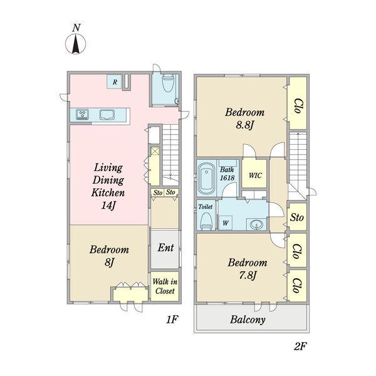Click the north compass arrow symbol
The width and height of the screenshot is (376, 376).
76,44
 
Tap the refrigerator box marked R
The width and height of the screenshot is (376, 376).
115,81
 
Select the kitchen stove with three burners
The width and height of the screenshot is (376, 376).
82,115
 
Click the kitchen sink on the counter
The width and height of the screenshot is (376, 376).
107,115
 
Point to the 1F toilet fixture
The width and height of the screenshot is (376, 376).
168,83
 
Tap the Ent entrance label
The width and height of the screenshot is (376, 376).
165,248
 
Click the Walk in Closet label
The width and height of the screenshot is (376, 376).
165,286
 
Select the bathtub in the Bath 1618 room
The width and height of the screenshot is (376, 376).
206,179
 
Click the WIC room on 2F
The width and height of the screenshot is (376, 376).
254,174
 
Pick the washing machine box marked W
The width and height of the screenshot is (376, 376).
225,223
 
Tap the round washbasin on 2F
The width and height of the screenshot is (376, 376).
256,225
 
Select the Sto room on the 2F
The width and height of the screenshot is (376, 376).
297,217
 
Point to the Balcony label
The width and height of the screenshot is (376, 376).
248,320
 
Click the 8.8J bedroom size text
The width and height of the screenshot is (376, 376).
244,125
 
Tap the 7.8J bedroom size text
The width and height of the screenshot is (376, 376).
248,276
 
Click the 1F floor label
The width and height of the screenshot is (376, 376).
172,320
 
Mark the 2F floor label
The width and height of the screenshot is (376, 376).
300,346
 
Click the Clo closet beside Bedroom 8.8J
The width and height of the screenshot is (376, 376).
298,103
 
